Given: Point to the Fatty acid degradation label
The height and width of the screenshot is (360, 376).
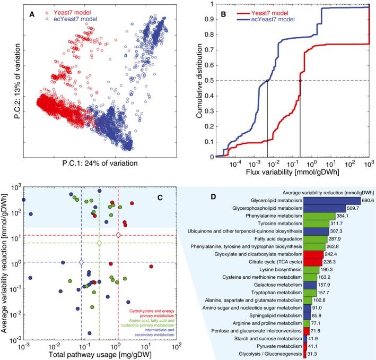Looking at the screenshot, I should [275, 239].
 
